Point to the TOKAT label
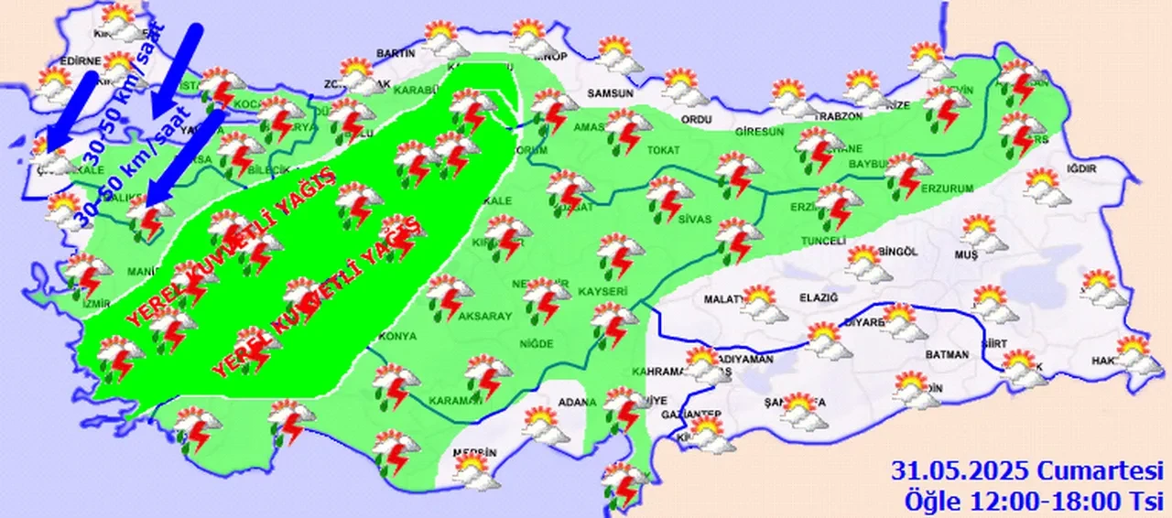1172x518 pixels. coord(660,149)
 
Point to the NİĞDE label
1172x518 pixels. coord(537,343)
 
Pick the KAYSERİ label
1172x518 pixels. coord(602,291)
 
